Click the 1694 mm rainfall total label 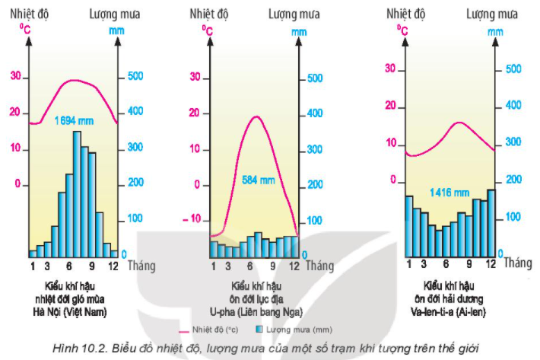(74, 120)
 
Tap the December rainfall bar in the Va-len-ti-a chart (491, 222)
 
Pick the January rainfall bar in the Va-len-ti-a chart (409, 226)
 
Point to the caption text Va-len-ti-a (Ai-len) (446, 311)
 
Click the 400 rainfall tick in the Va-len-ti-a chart (514, 106)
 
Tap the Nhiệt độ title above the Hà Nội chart (30, 14)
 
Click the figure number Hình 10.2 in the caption (75, 349)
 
